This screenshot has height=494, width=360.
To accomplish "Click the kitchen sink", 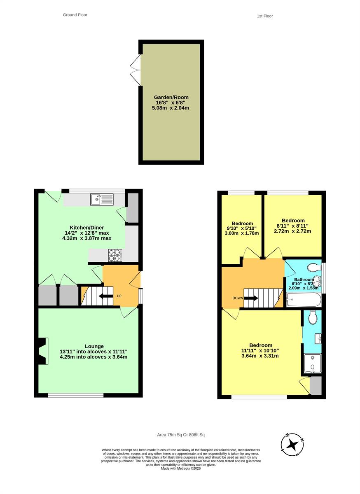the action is pos(101,199).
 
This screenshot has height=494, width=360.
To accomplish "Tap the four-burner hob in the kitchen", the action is pos(115,255).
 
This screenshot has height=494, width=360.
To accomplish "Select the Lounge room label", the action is pos(94,346).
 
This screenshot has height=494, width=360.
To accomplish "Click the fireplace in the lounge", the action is pos(42,351).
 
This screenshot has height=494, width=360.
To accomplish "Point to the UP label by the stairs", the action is pos(119,296).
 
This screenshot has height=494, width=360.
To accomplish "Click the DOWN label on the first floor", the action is pos(238,298).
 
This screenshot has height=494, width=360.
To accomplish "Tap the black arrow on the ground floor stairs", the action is pos(106,296).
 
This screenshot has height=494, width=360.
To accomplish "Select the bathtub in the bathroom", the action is pos(304,300).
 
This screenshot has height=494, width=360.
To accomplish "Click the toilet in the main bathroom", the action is pos(314,268).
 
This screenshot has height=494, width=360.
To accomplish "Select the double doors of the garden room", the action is pos(135,70).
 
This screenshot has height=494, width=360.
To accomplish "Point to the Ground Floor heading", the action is pos(75,15).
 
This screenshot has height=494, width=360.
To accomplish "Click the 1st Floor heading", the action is pos(265,16).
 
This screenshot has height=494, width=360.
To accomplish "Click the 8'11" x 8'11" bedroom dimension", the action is pos(292,226).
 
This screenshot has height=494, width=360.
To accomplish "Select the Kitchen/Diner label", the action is pos(87,228).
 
